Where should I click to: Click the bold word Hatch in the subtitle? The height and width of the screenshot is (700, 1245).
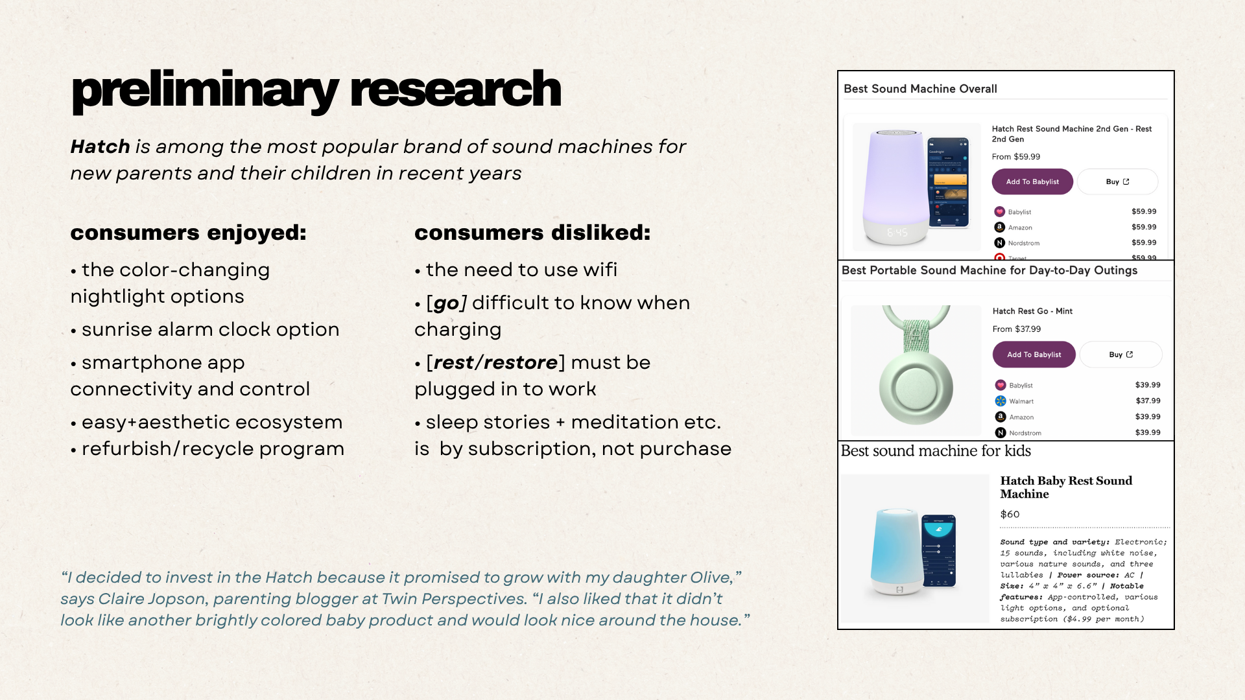pos(100,146)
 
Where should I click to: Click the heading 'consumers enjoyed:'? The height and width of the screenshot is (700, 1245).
pos(188,233)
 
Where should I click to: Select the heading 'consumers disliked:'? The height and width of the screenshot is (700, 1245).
pos(532,233)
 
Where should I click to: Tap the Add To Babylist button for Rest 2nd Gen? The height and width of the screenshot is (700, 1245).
pos(1032,181)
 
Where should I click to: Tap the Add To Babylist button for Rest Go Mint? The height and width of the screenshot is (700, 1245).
pos(1034,355)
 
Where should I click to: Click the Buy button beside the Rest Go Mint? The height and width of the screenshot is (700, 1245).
pos(1120,355)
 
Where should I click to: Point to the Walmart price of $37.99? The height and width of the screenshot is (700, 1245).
pos(1148,401)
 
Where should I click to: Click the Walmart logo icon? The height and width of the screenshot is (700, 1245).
pos(1001,401)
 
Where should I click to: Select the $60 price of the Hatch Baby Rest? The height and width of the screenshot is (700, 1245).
pos(1010,514)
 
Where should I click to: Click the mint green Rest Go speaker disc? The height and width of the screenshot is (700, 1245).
pos(916,388)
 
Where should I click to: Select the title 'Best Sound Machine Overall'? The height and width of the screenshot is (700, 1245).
pos(920,89)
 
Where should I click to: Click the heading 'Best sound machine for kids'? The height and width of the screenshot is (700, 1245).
pos(936,450)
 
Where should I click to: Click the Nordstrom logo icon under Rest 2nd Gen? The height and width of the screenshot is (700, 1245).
pos(999,242)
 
